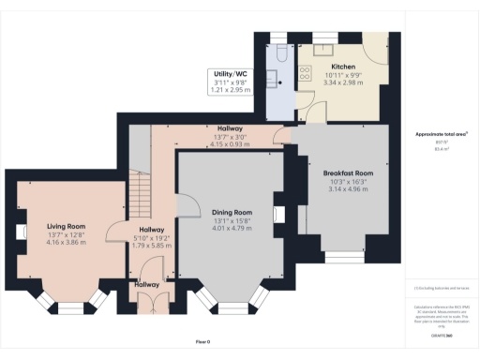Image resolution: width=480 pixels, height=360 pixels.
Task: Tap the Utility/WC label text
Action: coord(230,73)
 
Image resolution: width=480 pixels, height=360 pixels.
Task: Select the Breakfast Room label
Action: coord(348,172)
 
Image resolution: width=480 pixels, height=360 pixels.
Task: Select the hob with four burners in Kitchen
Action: coord(305,74)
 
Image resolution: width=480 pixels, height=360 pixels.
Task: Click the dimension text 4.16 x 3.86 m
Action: coord(67,242)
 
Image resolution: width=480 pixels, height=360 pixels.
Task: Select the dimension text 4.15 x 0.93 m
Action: coord(231,143)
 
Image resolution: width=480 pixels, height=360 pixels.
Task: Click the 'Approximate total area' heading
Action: coord(442,134)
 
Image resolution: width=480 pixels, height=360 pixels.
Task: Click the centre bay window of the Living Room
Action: coord(70,307)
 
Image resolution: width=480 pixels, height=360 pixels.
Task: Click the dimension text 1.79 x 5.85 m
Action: coord(152,245)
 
